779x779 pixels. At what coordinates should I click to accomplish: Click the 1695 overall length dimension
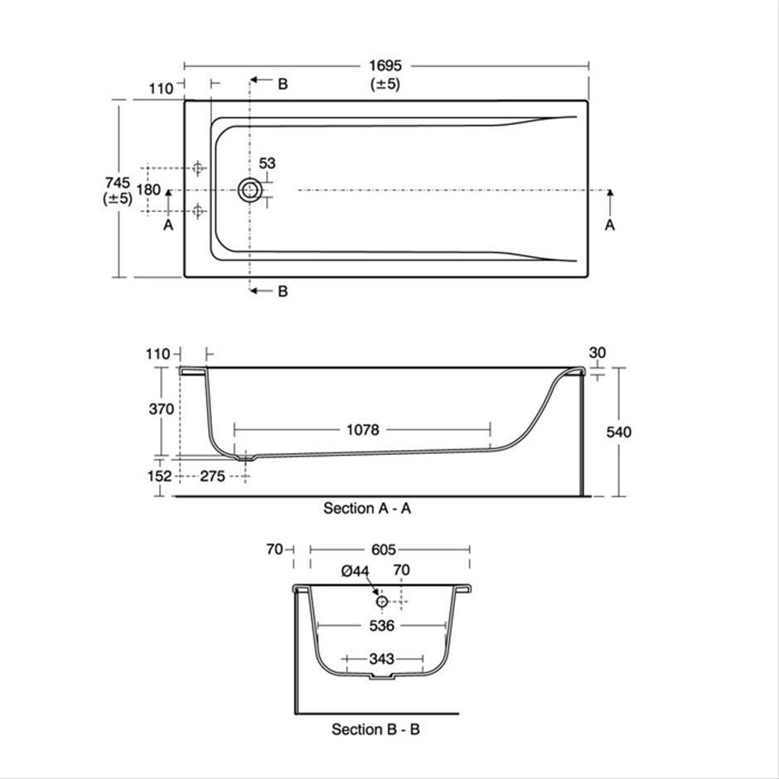pos(385,65)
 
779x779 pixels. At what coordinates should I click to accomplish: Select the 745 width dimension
pos(118,182)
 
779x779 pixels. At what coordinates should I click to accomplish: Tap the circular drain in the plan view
pos(250,191)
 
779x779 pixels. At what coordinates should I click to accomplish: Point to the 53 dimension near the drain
pos(268,163)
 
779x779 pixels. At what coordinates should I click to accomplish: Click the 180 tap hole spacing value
pos(148,190)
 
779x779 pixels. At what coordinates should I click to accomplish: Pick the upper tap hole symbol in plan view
pos(198,168)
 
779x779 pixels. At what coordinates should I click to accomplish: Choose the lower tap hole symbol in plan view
pos(198,211)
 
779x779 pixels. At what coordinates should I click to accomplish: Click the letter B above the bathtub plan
pos(283,84)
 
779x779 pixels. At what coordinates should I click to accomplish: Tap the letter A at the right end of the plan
pos(610,225)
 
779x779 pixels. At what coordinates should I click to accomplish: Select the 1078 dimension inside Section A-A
pos(363,430)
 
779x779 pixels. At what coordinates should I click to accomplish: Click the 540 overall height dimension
pos(618,433)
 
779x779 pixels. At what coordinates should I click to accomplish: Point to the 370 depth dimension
pos(162,409)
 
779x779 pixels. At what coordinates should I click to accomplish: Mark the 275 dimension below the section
pos(213,476)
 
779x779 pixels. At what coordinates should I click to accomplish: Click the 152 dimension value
pos(159,476)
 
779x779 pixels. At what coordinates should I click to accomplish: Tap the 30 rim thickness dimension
pos(598,353)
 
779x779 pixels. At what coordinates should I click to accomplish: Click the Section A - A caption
pos(367,508)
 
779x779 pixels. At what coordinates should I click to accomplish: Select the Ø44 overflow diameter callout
pos(356,571)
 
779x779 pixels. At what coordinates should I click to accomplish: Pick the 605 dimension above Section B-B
pos(384,549)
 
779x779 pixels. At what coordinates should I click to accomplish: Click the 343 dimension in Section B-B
pos(381,659)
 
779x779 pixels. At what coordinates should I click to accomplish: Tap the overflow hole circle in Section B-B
pos(381,602)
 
